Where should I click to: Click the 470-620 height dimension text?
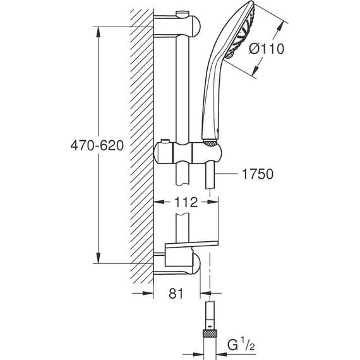(93, 145)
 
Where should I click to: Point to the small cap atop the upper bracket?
(182, 11)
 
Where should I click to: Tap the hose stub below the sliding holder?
(210, 177)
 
